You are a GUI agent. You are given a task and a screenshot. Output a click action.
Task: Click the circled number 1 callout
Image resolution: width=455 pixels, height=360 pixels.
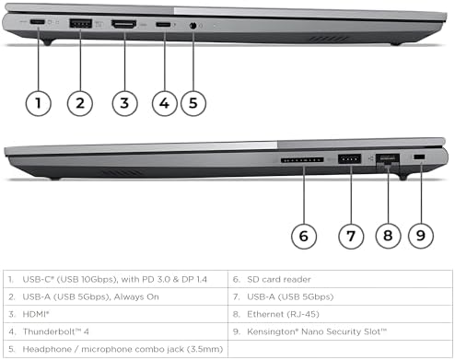tap(38, 103)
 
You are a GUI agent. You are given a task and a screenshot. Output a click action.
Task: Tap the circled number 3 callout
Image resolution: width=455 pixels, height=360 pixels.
tap(124, 103)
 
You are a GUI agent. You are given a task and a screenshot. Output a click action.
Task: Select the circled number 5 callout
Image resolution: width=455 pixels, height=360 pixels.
tap(193, 103)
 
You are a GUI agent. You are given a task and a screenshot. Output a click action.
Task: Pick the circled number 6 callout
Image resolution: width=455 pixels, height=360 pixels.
tap(304, 236)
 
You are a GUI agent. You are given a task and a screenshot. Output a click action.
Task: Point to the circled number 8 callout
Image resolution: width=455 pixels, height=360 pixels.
tap(388, 236)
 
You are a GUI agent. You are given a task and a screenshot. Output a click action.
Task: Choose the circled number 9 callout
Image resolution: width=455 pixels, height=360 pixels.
tap(421, 236)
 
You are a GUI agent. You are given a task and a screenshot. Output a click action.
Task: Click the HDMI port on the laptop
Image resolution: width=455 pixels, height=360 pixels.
tap(124, 25)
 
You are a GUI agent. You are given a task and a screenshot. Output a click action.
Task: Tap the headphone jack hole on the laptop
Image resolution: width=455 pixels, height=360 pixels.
tap(192, 26)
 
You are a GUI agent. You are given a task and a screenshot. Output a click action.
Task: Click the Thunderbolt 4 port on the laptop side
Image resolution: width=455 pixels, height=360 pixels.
tap(163, 24)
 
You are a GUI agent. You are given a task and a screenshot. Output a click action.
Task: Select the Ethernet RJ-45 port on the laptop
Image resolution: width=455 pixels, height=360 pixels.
tap(388, 160)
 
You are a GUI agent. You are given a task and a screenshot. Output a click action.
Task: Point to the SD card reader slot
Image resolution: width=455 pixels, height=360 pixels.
tap(302, 160)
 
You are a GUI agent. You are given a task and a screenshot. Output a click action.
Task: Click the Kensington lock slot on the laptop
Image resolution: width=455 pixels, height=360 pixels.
tap(419, 157)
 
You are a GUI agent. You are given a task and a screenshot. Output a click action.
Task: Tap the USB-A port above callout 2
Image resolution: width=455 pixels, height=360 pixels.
tap(81, 24)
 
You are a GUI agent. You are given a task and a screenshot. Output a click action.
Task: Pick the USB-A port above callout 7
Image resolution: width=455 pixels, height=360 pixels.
tap(349, 159)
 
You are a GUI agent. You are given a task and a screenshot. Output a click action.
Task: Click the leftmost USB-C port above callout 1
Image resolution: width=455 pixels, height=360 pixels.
tap(38, 22)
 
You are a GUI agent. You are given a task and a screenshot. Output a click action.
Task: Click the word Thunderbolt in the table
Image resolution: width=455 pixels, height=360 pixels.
tap(49, 331)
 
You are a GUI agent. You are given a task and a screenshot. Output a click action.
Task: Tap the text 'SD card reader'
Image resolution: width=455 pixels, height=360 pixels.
tap(279, 279)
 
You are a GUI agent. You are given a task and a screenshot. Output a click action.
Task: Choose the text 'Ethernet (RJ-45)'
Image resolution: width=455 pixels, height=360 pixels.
tap(283, 314)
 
